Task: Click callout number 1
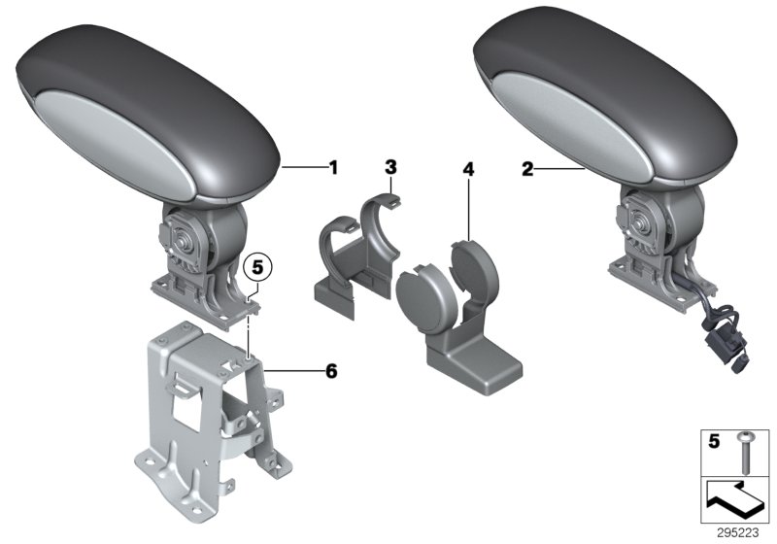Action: pyautogui.click(x=333, y=168)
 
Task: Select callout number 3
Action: pyautogui.click(x=390, y=168)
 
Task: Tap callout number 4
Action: pyautogui.click(x=468, y=169)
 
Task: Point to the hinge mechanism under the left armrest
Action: pyautogui.click(x=190, y=243)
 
